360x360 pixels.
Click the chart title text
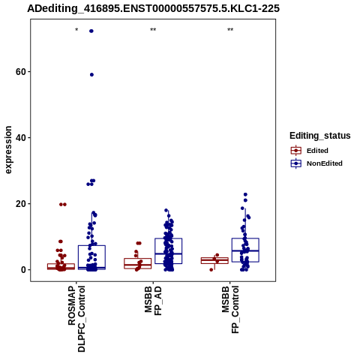(x=153, y=8)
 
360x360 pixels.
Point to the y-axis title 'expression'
(x=8, y=150)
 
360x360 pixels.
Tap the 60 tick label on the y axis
(x=21, y=72)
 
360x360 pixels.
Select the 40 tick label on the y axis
(x=21, y=138)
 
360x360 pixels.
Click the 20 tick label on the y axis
(x=21, y=204)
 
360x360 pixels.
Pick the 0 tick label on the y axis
(x=23, y=270)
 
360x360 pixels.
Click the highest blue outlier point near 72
(x=91, y=31)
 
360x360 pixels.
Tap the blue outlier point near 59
(x=91, y=75)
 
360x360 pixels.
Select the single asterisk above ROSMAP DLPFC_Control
(x=76, y=30)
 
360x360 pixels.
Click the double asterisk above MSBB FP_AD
(x=153, y=30)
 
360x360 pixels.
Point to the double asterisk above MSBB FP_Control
(x=230, y=30)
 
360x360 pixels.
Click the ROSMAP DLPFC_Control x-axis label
(x=76, y=319)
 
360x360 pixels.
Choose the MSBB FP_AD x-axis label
(x=153, y=301)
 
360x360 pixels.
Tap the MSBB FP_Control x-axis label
(x=230, y=310)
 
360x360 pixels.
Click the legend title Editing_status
(x=320, y=136)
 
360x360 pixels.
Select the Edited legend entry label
(x=317, y=151)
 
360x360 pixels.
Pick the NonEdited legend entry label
(x=325, y=163)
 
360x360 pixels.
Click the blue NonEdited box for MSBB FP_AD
(x=169, y=250)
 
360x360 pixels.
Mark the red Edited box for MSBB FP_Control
(x=214, y=260)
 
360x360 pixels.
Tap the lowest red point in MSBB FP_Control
(x=211, y=270)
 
